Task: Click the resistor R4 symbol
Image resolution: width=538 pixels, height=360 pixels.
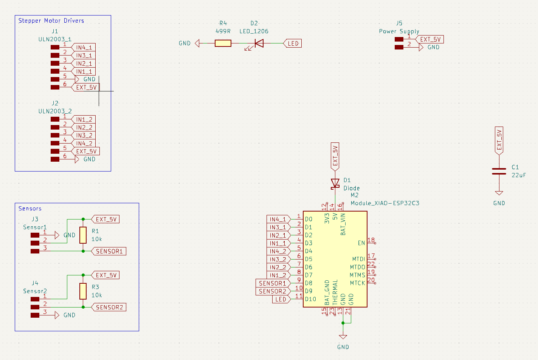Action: tap(223, 43)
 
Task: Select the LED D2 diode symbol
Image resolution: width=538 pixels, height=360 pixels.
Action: tap(259, 43)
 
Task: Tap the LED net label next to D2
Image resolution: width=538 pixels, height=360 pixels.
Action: tap(293, 43)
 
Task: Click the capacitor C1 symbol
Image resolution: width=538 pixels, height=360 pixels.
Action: tap(499, 171)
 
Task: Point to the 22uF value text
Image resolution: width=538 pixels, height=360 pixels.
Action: tap(519, 175)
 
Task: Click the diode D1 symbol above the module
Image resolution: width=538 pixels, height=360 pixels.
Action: tap(335, 183)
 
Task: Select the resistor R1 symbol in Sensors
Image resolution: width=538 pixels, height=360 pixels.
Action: tap(83, 235)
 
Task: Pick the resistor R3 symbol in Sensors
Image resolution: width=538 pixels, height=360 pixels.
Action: tap(83, 291)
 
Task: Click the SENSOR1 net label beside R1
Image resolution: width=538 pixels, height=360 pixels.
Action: tap(109, 251)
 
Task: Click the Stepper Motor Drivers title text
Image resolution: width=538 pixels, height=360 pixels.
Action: tap(51, 21)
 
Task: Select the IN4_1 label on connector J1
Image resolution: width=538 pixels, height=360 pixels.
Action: tap(84, 48)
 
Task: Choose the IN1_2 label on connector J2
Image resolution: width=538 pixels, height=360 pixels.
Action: tap(84, 119)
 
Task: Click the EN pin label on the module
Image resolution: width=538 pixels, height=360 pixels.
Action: tap(361, 243)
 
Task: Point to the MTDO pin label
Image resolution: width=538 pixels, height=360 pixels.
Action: tap(357, 267)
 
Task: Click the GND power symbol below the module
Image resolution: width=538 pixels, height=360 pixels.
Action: tap(343, 337)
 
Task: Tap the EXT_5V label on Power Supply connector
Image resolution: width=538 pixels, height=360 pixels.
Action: tap(430, 39)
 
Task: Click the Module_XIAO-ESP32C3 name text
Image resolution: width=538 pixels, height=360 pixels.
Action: tap(385, 203)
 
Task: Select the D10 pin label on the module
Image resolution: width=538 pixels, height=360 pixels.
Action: tap(310, 299)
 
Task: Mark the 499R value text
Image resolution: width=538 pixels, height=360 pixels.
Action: tap(223, 31)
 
